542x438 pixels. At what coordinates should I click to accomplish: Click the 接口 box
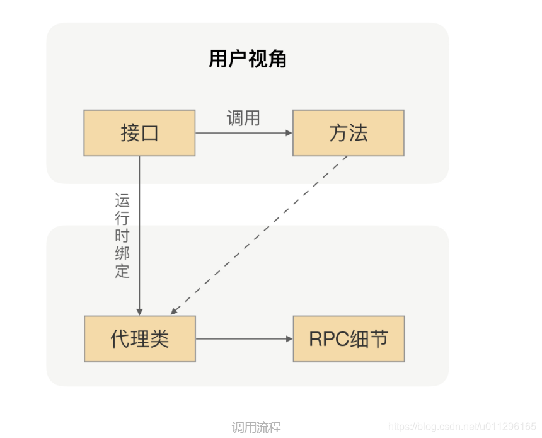(139, 133)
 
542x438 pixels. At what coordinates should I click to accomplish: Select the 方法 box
(348, 133)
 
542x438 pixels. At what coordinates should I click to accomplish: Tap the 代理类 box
(139, 339)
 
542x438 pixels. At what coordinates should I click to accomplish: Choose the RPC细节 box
(349, 339)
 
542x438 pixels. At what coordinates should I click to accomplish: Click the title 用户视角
(248, 59)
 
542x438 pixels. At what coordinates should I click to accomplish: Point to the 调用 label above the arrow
(243, 118)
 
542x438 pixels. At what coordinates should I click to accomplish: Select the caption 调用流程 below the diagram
(257, 427)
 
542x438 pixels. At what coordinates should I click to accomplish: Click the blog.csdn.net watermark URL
(463, 427)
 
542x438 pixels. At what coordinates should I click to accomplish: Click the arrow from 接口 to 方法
(243, 133)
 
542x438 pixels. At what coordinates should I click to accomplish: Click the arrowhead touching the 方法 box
(289, 133)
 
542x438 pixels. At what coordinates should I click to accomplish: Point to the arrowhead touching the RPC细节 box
(289, 339)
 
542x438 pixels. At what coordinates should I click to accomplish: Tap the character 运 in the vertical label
(122, 202)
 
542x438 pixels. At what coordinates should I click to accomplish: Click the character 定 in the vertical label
(122, 271)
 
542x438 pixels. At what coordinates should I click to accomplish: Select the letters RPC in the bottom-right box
(328, 339)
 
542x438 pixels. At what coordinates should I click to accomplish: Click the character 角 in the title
(277, 59)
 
